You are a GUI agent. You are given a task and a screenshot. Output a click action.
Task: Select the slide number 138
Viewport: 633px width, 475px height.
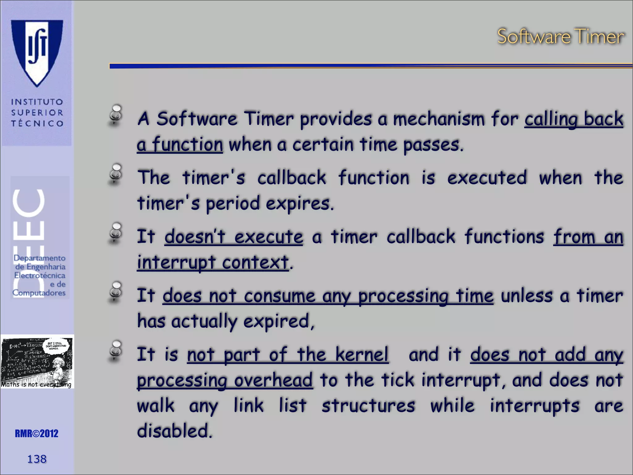(x=37, y=459)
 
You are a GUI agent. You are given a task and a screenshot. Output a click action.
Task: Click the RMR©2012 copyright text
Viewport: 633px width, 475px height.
(x=36, y=434)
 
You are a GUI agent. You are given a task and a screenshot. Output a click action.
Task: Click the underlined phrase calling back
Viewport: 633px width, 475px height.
(x=574, y=119)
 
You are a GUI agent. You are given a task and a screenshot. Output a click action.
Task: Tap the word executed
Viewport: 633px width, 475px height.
(x=487, y=178)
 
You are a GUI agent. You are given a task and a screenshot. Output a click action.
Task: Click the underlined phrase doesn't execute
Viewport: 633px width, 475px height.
(x=233, y=237)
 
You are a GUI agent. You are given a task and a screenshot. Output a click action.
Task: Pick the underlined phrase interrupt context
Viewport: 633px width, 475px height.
(x=213, y=263)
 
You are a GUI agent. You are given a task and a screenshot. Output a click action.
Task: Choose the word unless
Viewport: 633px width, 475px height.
(x=526, y=296)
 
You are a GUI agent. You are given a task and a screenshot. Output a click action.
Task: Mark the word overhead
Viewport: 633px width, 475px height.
(x=273, y=380)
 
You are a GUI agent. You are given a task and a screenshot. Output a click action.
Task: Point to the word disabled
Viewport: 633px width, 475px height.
(x=174, y=431)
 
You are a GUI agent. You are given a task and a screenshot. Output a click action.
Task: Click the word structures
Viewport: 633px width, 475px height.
(x=368, y=406)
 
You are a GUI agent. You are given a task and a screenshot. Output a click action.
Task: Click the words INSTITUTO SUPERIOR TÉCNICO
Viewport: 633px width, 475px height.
(x=37, y=113)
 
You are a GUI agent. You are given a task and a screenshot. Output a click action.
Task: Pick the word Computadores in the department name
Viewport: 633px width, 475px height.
(x=39, y=293)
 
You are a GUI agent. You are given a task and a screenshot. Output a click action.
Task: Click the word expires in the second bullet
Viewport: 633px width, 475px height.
(x=300, y=204)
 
